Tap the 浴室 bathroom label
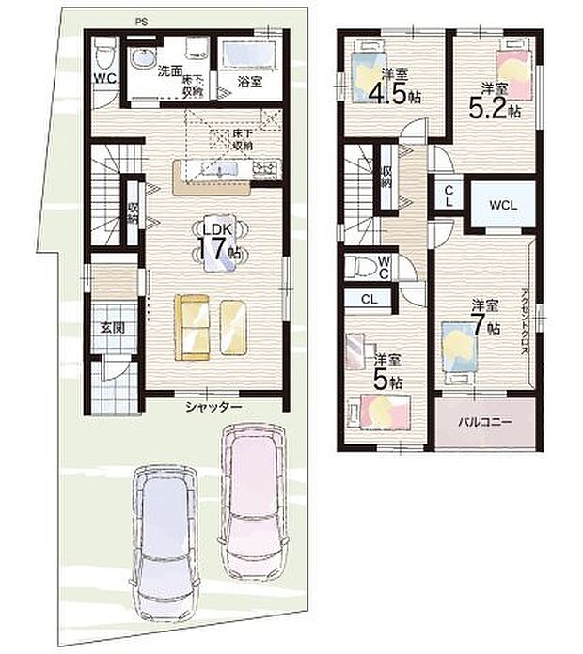coord(249,82)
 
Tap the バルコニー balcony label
coord(485,423)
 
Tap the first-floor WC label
coord(103,78)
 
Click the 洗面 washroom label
coord(169,70)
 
